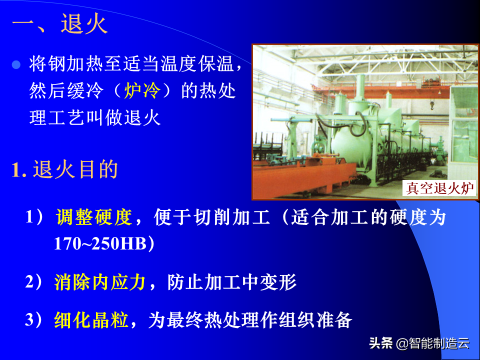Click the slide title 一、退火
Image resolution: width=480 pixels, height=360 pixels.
[60, 23]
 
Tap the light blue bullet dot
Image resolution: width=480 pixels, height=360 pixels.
[16, 65]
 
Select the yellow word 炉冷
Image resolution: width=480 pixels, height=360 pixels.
[142, 91]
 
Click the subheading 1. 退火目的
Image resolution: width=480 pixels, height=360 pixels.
[65, 169]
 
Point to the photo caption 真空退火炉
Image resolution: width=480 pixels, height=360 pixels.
[439, 188]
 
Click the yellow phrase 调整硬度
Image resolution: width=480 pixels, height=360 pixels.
[94, 217]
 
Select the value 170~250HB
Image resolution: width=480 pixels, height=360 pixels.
[100, 243]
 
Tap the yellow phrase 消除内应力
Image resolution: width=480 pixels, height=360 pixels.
[100, 282]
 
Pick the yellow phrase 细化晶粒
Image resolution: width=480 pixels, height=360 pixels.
[91, 320]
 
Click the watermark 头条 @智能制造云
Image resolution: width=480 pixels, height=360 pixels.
[419, 343]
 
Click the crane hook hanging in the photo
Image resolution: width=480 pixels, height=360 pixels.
[432, 105]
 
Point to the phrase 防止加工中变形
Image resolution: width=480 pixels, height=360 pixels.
[232, 282]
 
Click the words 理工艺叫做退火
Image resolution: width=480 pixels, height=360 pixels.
[95, 117]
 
